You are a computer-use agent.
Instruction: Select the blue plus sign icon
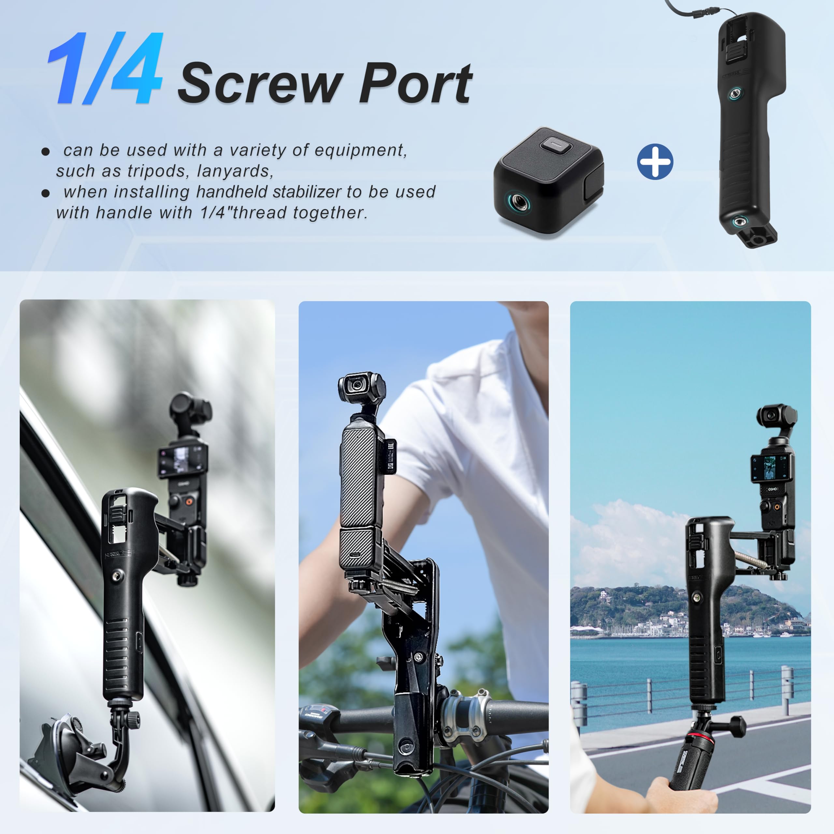click(655, 162)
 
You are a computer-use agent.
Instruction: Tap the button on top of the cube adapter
click(557, 145)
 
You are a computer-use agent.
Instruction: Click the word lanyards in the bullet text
click(235, 171)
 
